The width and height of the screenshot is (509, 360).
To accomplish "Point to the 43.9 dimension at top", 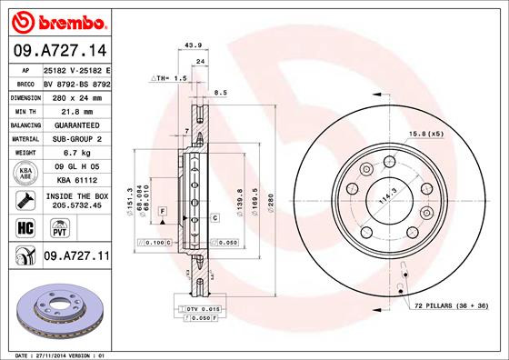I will coord(192,45).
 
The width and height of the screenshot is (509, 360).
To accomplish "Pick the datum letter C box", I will coord(215,218).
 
